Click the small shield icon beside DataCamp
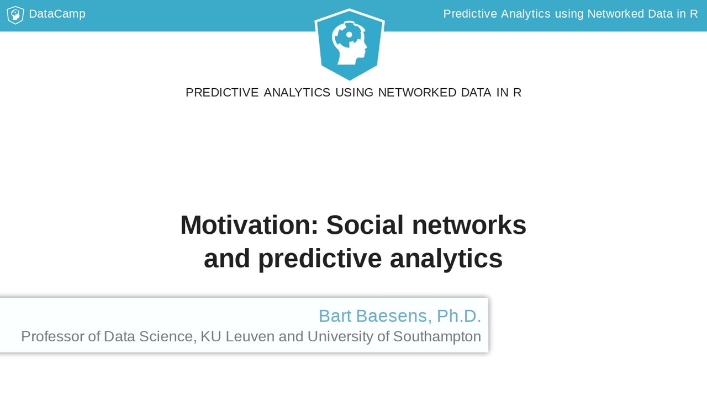click(15, 15)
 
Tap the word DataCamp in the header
click(57, 14)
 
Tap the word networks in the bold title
click(469, 225)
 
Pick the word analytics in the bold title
click(446, 258)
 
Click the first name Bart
click(335, 316)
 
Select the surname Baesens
click(392, 316)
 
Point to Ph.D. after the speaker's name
click(458, 316)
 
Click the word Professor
click(52, 336)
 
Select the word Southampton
click(437, 336)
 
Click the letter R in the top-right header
click(693, 14)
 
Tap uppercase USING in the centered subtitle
click(354, 93)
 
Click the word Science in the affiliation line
click(166, 336)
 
